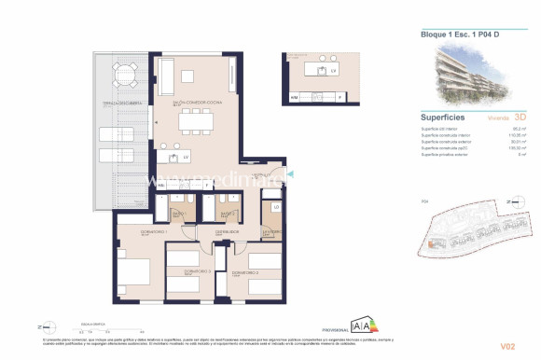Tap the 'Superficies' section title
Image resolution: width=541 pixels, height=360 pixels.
(x=443, y=118)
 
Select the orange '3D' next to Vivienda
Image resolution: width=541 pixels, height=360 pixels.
(x=520, y=118)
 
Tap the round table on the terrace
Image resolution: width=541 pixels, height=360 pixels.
(x=123, y=73)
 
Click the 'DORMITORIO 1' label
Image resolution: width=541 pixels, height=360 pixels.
(x=133, y=232)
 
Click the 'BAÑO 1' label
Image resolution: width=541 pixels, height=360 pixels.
(x=179, y=213)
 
